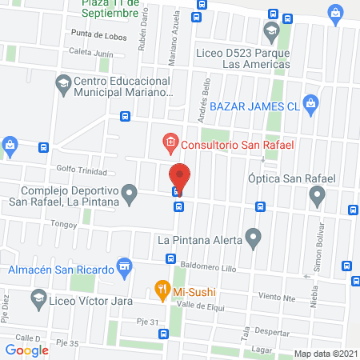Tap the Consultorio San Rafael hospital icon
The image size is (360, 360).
point(170,144)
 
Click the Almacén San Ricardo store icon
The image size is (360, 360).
point(124,268)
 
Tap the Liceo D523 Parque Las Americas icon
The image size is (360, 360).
point(270,34)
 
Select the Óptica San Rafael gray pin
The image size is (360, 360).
point(318,194)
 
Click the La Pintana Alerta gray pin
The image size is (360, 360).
point(254,238)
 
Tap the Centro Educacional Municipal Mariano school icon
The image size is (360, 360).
point(62,82)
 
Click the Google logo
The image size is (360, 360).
point(27,350)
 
